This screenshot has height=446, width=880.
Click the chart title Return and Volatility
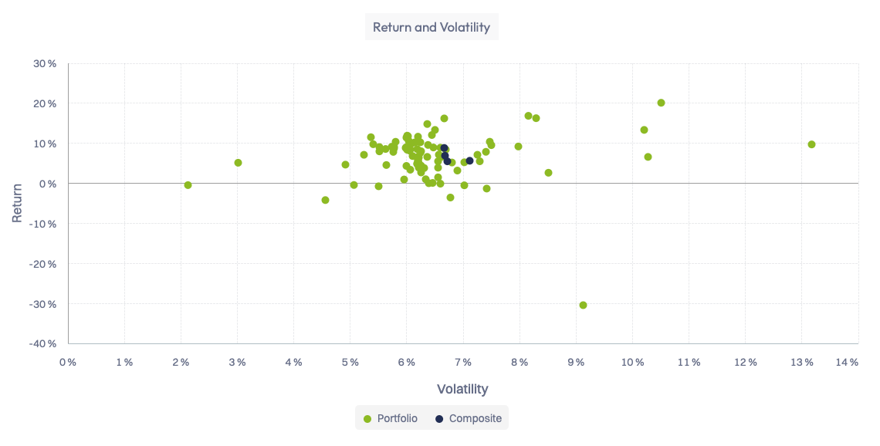432,28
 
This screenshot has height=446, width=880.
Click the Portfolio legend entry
391,418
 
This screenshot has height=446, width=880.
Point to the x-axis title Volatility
462,389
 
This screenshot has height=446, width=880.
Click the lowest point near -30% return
583,305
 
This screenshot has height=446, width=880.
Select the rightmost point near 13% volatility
811,144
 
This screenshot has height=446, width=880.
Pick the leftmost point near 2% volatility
188,185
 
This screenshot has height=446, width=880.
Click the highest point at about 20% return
661,103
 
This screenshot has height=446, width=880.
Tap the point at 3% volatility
238,163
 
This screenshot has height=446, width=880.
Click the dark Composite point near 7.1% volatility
469,160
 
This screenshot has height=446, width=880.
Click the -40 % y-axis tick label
43,343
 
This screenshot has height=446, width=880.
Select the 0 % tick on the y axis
48,184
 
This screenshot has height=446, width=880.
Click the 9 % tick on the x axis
576,362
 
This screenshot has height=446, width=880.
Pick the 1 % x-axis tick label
124,362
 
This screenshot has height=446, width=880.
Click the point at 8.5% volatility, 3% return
548,173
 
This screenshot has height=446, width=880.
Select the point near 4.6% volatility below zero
325,200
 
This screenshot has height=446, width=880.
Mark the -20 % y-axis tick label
43,264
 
